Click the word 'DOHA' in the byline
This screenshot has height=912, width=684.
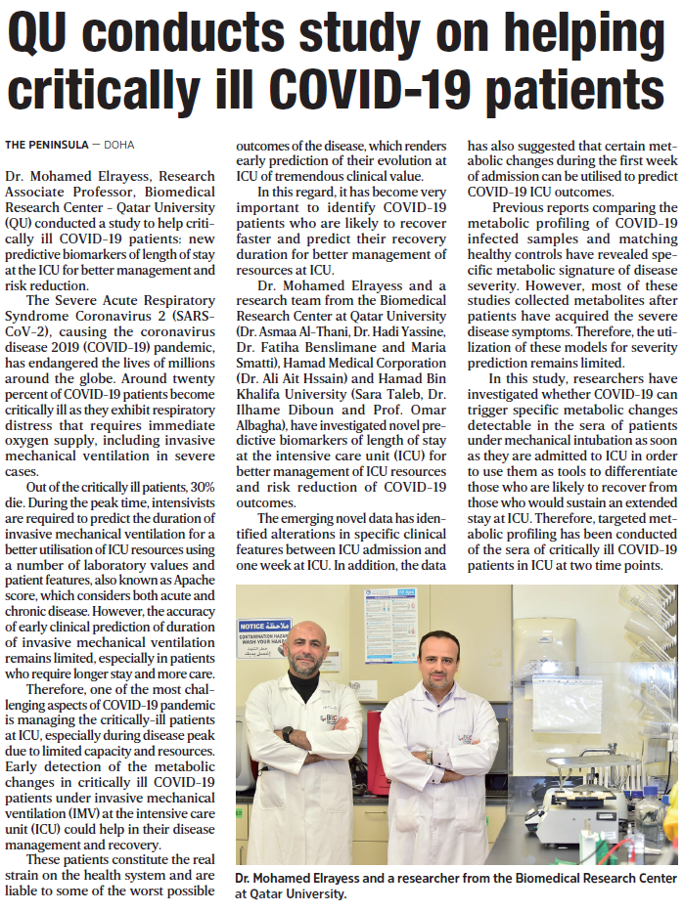click(118, 145)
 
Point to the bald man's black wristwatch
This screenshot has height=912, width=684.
click(287, 732)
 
